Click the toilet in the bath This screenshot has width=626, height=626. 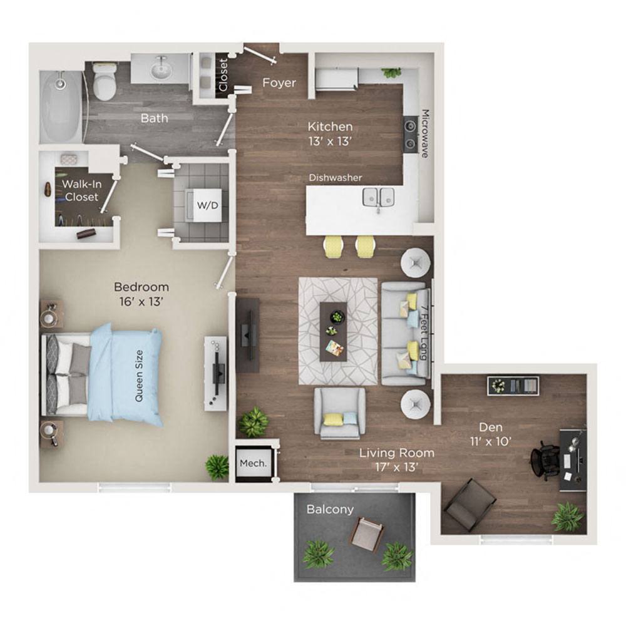[105, 83]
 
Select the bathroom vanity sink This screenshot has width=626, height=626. [161, 68]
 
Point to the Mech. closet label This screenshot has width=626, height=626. [253, 464]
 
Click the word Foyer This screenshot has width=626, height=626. [279, 83]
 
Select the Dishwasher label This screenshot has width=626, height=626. [336, 178]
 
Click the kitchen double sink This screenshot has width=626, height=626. [379, 197]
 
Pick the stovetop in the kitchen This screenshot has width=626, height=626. [411, 135]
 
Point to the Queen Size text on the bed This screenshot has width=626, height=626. [139, 375]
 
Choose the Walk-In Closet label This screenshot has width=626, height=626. [80, 190]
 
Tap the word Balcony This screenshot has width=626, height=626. [330, 510]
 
